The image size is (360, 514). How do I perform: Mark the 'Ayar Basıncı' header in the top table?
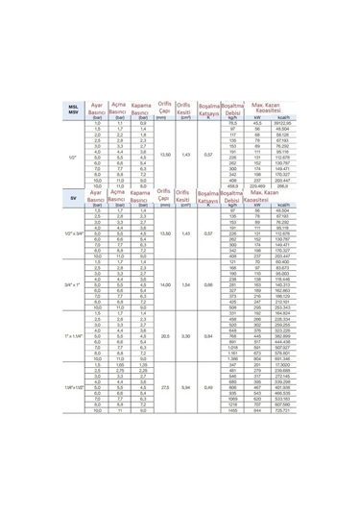(x=95, y=108)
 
